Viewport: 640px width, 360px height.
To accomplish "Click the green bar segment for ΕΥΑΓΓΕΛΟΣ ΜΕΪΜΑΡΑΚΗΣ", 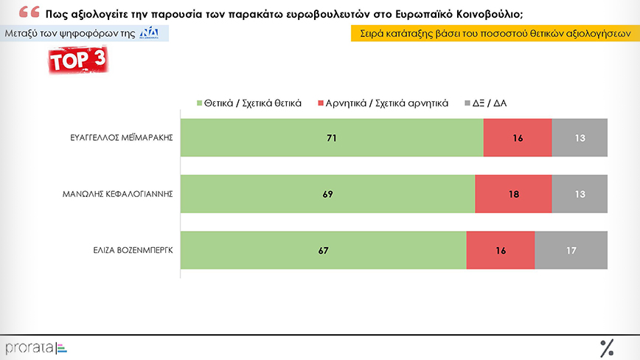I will [332, 137].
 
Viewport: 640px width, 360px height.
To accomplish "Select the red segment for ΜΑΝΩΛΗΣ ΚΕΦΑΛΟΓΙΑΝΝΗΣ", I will [513, 194].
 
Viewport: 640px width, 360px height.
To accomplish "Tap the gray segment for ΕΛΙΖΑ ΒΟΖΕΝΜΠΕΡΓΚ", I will [571, 250].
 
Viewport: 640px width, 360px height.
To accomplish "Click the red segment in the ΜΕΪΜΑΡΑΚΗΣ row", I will [517, 137].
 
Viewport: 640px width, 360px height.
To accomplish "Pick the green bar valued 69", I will [327, 194].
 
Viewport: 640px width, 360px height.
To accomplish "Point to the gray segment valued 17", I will [571, 250].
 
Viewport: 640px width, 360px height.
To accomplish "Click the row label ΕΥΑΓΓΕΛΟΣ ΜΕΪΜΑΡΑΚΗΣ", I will [118, 137].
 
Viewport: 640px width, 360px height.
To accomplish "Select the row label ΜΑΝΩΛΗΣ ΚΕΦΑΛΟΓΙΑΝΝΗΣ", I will [118, 194].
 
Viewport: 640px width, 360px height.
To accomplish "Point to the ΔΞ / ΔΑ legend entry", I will [486, 103].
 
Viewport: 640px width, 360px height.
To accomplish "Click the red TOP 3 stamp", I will [78, 61].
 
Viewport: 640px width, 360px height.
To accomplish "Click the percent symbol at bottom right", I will [608, 347].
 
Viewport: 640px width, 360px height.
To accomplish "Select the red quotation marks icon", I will [29, 12].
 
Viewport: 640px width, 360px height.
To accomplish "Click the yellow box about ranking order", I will [490, 34].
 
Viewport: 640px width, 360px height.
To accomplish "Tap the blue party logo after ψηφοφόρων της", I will [149, 34].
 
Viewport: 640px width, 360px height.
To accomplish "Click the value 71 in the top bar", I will [332, 137].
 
